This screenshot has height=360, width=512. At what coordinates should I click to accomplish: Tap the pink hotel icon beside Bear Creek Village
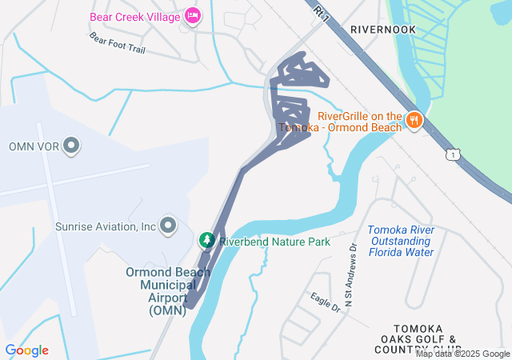click(x=193, y=15)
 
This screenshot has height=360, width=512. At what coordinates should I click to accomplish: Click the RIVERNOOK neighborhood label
click(x=384, y=29)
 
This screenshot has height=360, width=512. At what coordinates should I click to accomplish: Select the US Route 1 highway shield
click(x=454, y=154)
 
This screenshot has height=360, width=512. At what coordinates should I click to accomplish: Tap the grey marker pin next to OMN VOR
click(x=72, y=146)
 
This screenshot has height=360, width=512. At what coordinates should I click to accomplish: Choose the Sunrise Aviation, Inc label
click(x=105, y=226)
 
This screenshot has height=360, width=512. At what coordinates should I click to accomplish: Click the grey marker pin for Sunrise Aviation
click(x=168, y=226)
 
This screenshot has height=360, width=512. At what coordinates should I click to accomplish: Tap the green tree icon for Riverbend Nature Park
click(x=206, y=240)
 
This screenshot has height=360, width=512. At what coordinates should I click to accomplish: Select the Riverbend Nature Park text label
click(x=274, y=241)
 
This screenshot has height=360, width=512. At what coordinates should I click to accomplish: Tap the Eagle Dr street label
click(x=326, y=302)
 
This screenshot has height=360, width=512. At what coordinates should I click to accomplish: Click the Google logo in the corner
click(x=26, y=350)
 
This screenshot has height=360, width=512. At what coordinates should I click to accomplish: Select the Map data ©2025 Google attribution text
click(x=462, y=354)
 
